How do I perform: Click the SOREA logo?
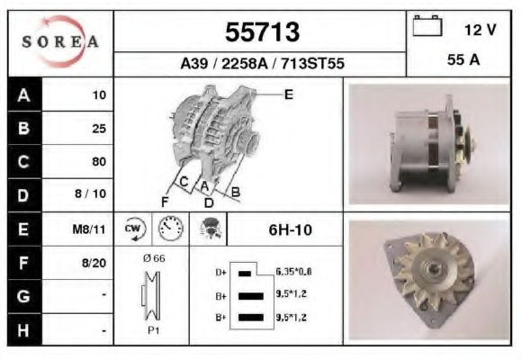tap(60, 41)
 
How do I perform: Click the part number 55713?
tap(262, 32)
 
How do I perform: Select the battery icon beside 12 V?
tap(427, 25)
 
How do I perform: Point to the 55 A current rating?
tap(463, 60)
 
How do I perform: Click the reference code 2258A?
tap(245, 63)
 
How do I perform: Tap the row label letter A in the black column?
tap(23, 95)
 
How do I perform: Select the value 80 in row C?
tap(99, 161)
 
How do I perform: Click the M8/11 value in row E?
tap(89, 229)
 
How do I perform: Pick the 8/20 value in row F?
tap(94, 263)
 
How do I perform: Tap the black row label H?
tap(23, 330)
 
